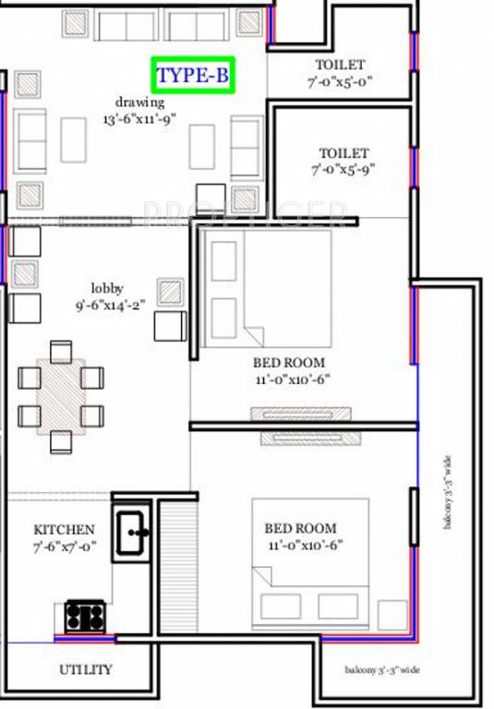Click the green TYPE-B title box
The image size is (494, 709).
coord(193,76)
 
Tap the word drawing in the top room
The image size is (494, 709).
coord(139,102)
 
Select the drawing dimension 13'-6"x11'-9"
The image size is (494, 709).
coord(139,119)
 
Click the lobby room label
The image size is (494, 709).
coord(107,289)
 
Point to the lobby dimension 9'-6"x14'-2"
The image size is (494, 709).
coord(111,306)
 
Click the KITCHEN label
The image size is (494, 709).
coord(64,530)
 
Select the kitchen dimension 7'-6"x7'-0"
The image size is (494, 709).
coord(64,547)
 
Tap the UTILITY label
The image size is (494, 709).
coord(86,669)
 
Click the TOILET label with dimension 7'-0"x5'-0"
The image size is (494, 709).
coord(340,65)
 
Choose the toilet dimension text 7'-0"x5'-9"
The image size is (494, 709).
coord(340,170)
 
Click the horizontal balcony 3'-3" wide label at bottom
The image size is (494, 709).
coord(383,669)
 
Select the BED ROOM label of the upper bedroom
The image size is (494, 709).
coord(291,363)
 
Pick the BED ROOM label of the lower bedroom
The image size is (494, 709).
coord(300,529)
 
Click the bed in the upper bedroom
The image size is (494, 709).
coord(266,287)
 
